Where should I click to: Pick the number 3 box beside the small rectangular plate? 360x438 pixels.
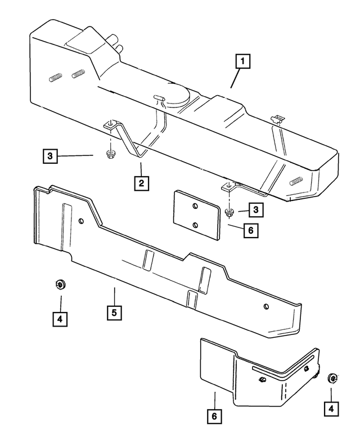tap(256, 209)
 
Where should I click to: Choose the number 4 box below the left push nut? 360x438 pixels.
tap(59, 319)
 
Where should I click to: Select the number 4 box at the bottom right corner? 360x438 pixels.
tap(332, 408)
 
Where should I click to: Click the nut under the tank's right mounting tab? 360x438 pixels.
tap(229, 212)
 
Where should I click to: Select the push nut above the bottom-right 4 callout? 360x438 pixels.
tap(332, 378)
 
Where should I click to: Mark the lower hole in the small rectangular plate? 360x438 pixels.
tap(195, 225)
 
